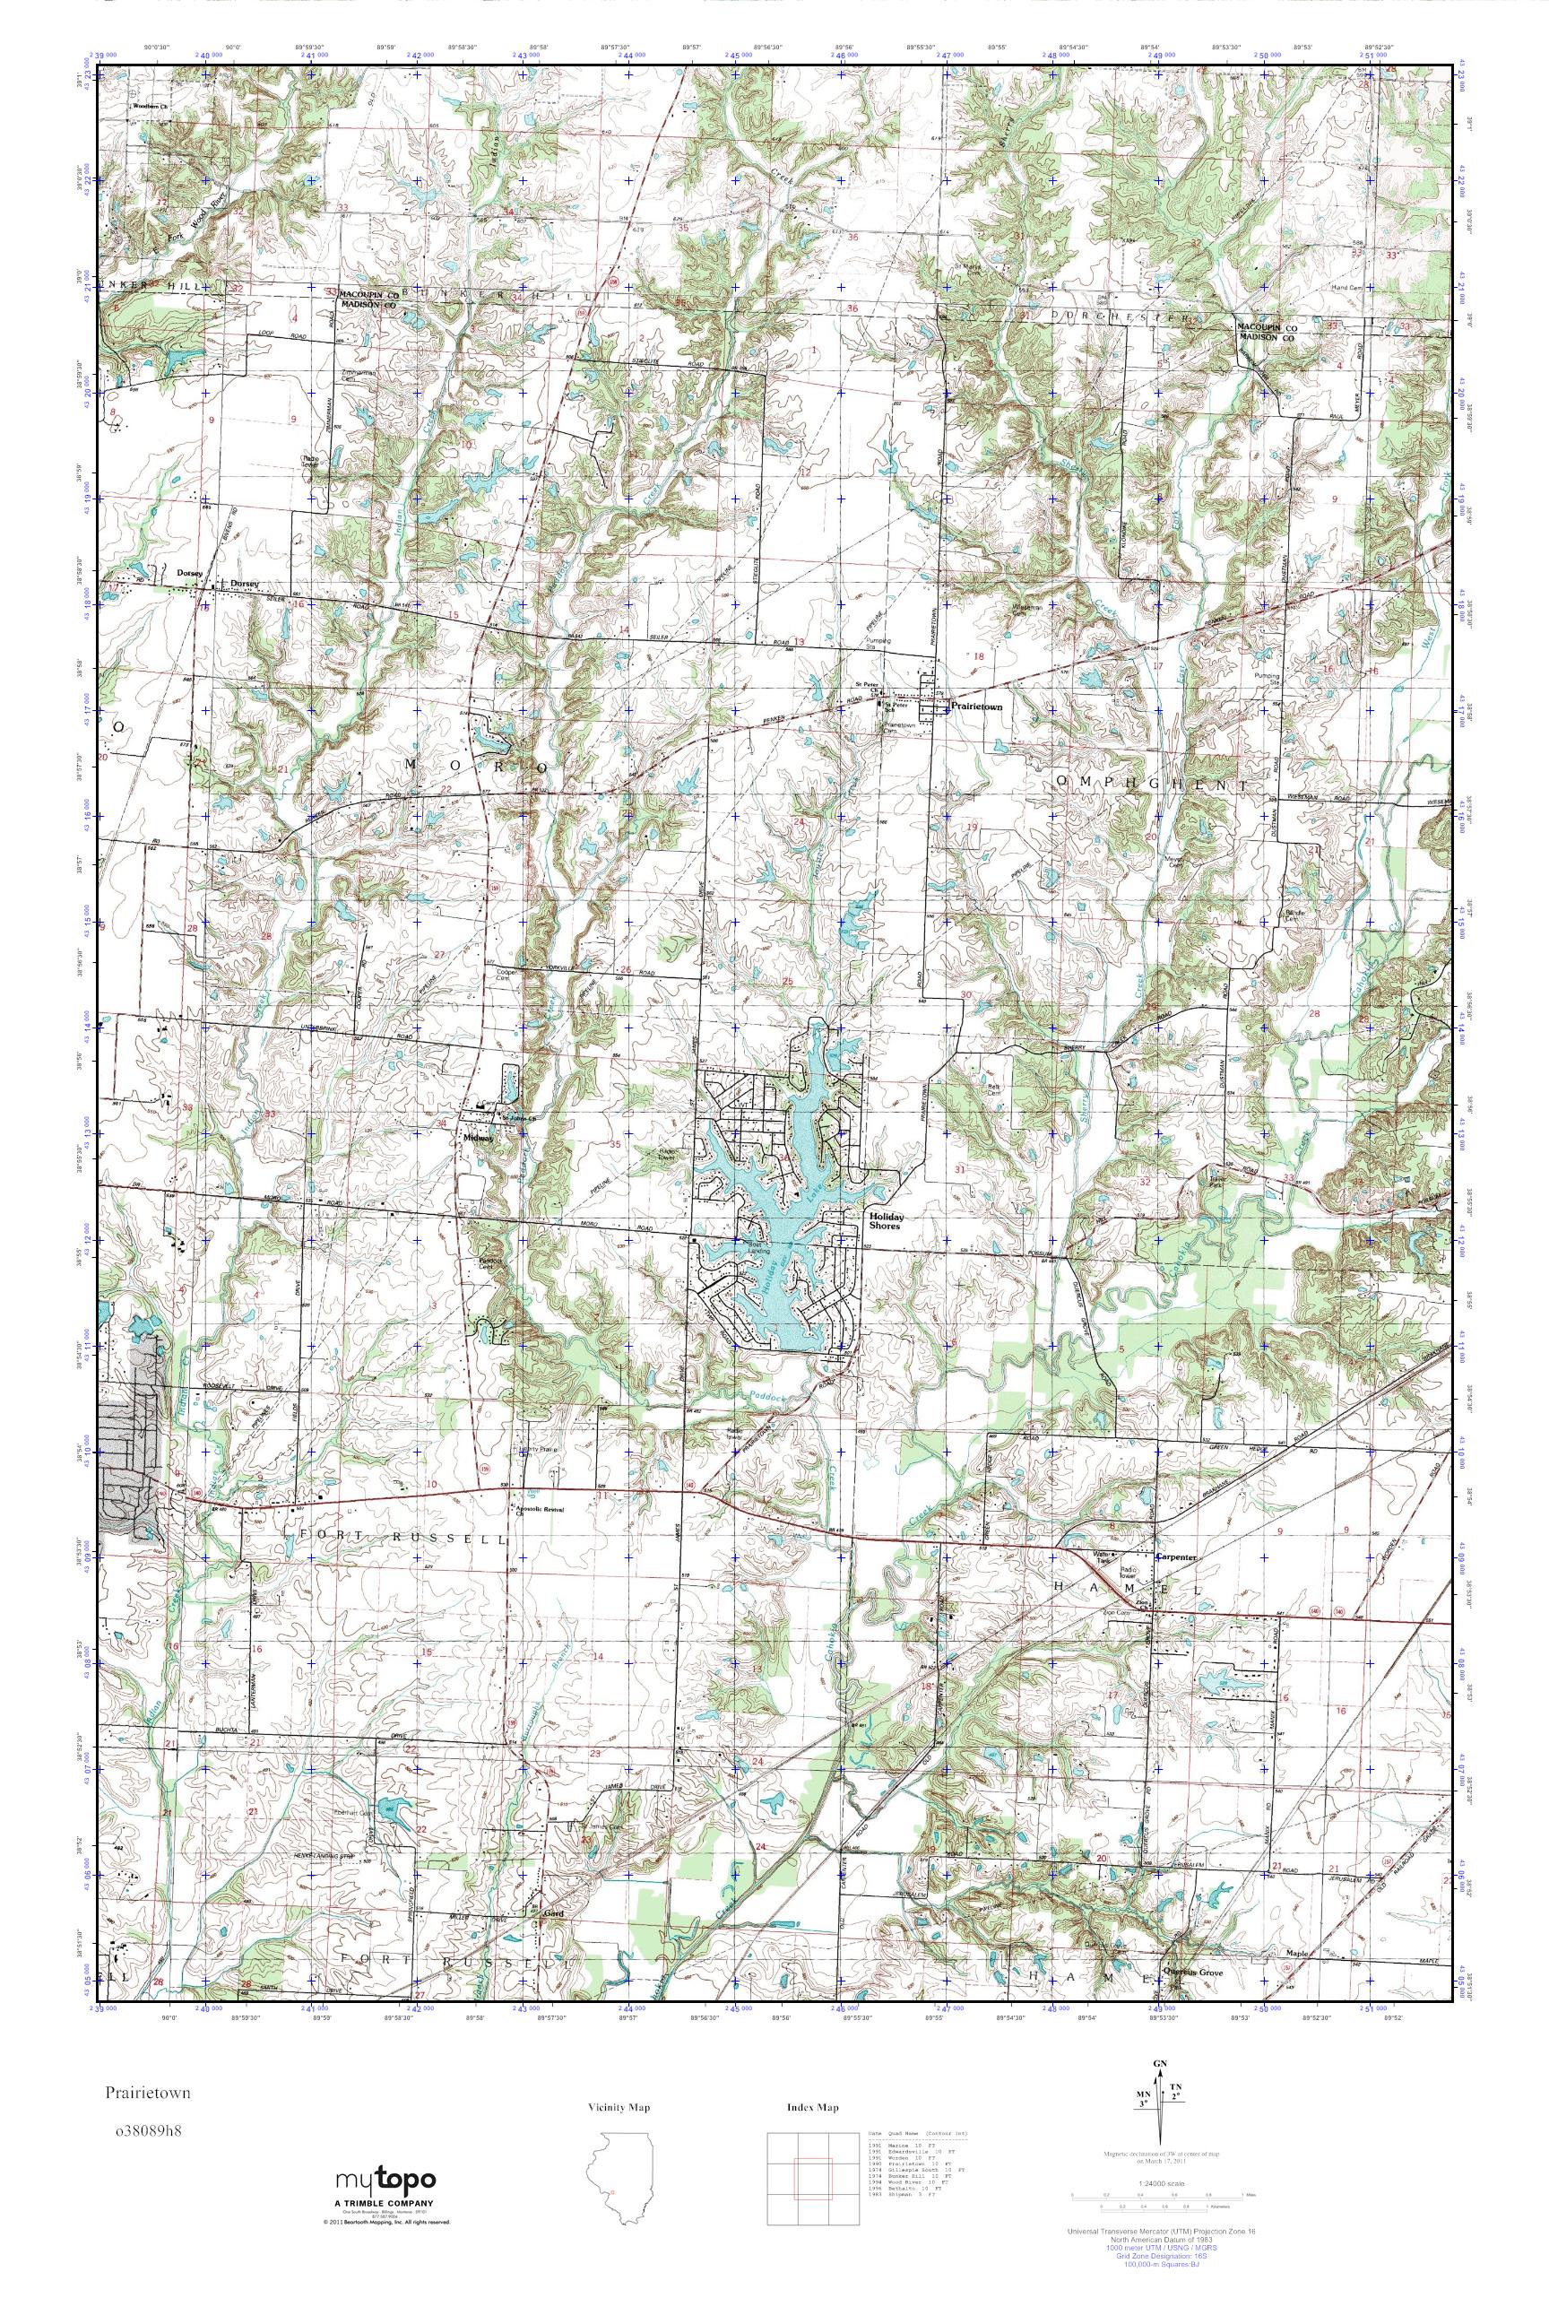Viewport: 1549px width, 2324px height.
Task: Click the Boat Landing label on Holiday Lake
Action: coord(758,1248)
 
